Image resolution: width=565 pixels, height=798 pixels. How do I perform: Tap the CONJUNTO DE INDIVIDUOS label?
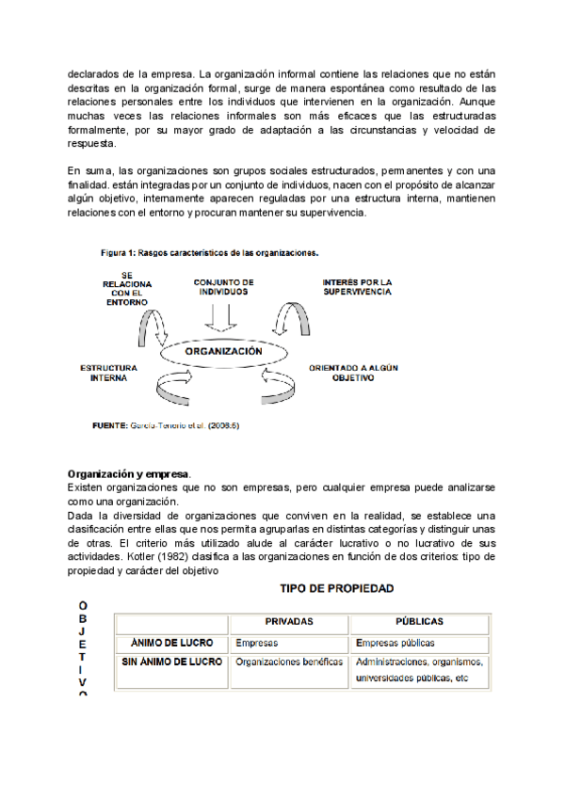223,287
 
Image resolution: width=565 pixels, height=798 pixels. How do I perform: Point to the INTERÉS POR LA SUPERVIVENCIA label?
357,286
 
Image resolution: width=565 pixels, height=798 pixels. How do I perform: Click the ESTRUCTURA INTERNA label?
109,373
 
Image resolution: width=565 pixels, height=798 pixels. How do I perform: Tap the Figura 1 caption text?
210,252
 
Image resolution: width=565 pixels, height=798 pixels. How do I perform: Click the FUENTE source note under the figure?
164,425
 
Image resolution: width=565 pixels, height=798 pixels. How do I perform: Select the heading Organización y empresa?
128,473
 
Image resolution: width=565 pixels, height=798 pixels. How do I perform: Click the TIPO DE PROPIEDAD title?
334,588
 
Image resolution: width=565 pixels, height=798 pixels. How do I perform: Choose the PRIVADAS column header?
289,622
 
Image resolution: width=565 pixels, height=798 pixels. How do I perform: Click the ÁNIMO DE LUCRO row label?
172,644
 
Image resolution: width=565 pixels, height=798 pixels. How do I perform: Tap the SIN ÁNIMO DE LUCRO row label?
172,662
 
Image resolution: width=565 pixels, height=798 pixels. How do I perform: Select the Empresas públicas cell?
395,644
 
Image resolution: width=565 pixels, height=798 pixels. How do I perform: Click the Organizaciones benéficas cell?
289,662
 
